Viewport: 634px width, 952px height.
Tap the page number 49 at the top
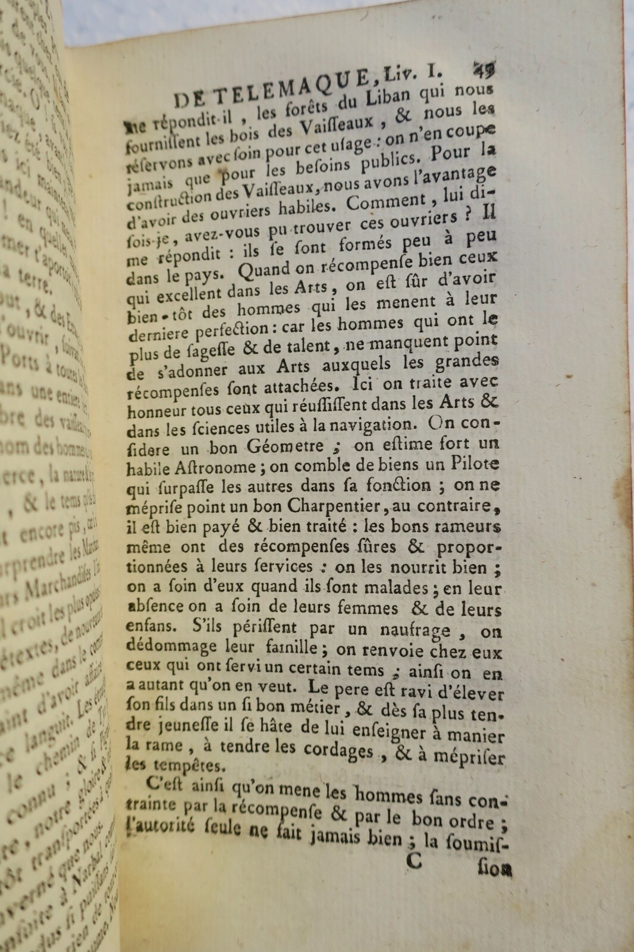485,68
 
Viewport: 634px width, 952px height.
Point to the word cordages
332,750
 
